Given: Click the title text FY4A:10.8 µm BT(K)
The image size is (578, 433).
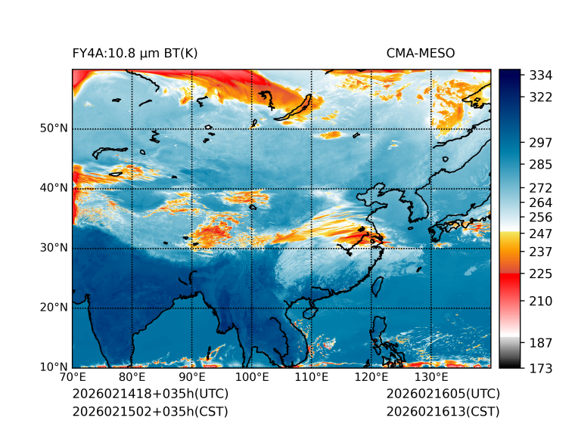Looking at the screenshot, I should pos(135,53).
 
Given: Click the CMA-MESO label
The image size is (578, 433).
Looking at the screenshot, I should pos(420,53).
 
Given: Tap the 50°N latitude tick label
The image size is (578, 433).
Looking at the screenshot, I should pos(54,128).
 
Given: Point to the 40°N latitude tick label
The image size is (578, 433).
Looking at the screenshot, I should pos(54,188).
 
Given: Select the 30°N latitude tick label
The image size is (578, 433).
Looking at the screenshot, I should pos(54,248).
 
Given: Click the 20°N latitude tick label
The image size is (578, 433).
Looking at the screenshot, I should pos(54,308).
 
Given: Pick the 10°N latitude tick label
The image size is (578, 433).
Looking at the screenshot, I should pos(54,367).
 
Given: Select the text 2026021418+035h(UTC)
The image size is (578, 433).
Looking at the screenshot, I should pos(150,394).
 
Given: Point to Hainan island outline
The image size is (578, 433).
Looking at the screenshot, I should pos(308,313).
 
